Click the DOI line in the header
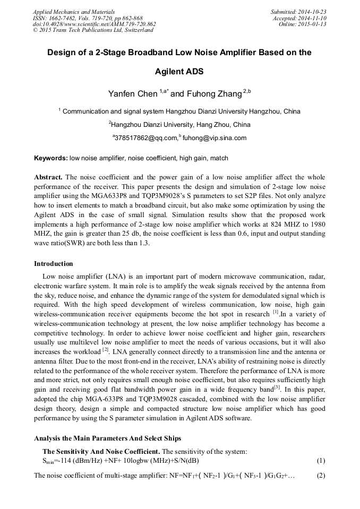coord(94,24)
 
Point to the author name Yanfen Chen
coord(133,94)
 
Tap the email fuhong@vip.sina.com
coord(215,138)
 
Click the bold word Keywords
coord(50,158)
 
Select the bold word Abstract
coord(48,177)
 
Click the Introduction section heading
coord(54,264)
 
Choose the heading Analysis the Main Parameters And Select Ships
coord(108,438)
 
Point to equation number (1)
coord(320,460)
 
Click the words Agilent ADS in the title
coord(179,72)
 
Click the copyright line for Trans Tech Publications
coord(93,30)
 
